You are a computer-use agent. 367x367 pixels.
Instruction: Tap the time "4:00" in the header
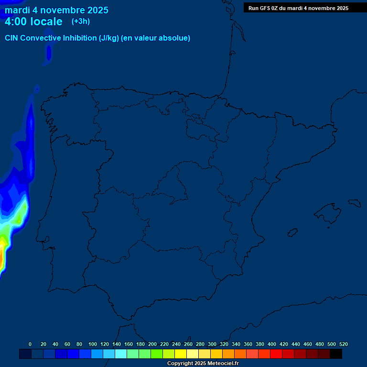click(x=17, y=22)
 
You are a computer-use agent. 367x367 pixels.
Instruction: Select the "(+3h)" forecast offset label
click(x=81, y=22)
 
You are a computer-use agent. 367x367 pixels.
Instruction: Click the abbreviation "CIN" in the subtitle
click(x=12, y=38)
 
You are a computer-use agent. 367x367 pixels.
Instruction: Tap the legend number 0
click(x=30, y=344)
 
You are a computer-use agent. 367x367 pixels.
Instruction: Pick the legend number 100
click(x=93, y=344)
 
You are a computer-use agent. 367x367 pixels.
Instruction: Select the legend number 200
click(x=152, y=344)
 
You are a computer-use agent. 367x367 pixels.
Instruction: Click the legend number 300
click(x=212, y=344)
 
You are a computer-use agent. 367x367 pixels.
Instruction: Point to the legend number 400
click(x=272, y=344)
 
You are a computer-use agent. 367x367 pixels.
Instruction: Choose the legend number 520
click(x=344, y=344)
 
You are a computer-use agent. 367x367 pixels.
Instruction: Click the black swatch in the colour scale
click(x=336, y=354)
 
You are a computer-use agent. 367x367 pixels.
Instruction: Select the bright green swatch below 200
click(x=157, y=354)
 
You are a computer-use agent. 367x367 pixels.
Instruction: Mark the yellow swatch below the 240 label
click(x=181, y=354)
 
